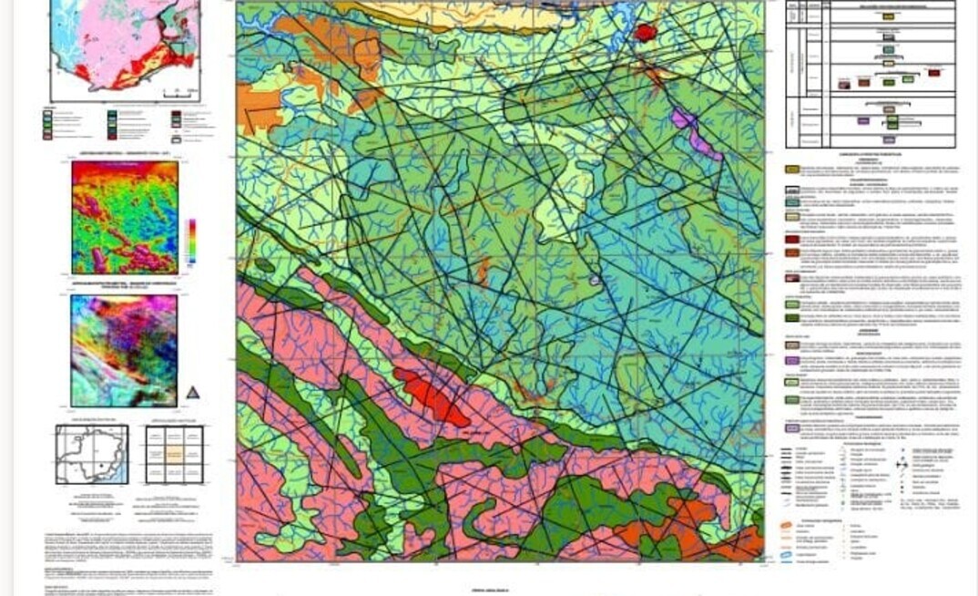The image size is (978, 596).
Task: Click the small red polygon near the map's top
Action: pyautogui.click(x=646, y=33)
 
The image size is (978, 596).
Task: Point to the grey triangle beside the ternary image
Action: pyautogui.click(x=192, y=392)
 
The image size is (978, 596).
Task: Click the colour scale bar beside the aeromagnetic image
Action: pyautogui.click(x=190, y=241)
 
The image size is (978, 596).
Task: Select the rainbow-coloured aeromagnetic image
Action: pyautogui.click(x=125, y=217)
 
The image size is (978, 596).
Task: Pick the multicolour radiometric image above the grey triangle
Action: pyautogui.click(x=124, y=350)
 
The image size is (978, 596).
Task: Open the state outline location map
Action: pyautogui.click(x=92, y=454)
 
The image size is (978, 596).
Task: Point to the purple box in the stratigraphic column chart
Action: pyautogui.click(x=862, y=119)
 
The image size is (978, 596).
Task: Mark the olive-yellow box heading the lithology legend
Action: pyautogui.click(x=793, y=169)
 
